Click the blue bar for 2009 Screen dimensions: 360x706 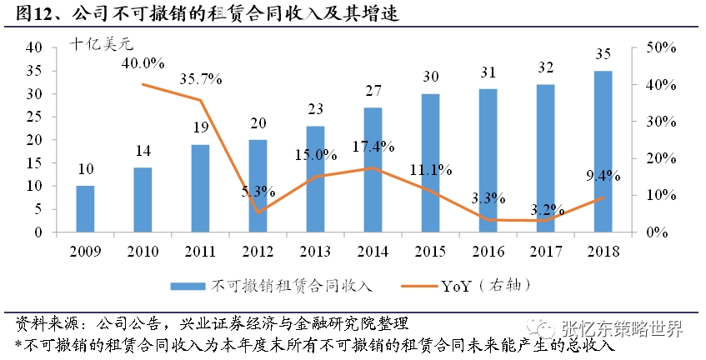[85, 210]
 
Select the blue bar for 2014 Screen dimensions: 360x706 [373, 171]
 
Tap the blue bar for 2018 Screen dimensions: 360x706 [603, 152]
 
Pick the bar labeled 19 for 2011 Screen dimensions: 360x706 [200, 189]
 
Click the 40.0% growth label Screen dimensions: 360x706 [143, 63]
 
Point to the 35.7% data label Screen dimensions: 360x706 [200, 80]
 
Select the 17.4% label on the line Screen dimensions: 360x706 [373, 147]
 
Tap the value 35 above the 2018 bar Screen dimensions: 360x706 [603, 54]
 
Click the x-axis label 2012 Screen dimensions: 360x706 [258, 251]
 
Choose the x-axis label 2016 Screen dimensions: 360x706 [488, 251]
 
